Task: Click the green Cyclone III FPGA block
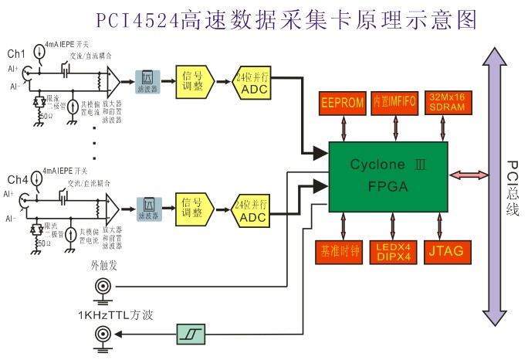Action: pos(388,177)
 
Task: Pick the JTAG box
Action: pos(447,251)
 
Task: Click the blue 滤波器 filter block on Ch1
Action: pos(147,80)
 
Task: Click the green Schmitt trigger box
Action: pos(190,333)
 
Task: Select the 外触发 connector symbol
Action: pos(102,287)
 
